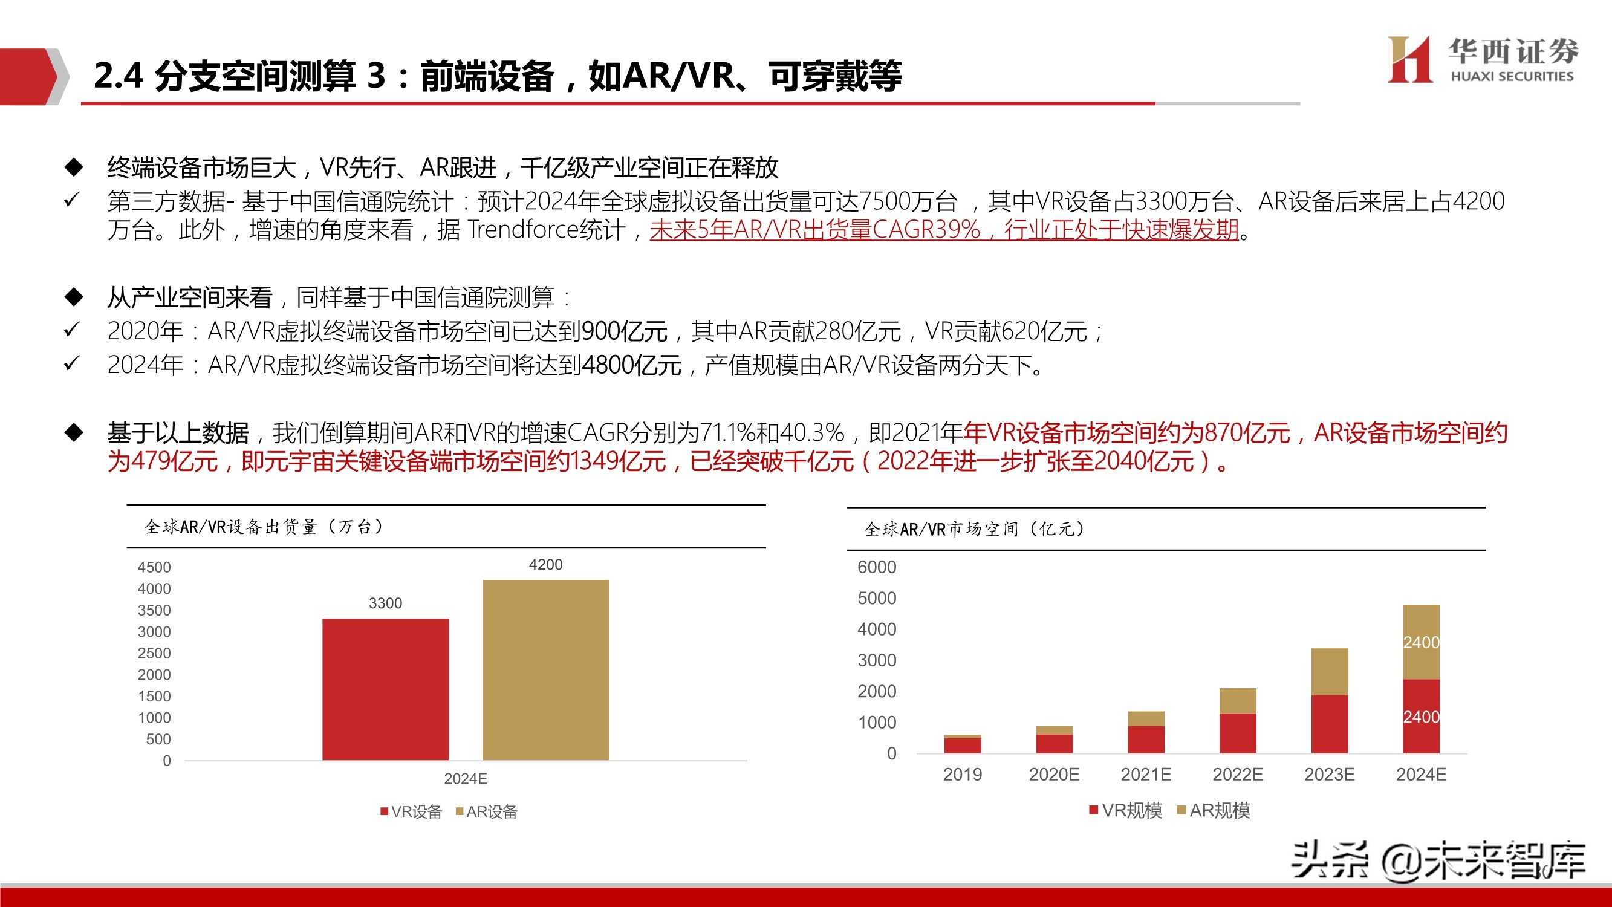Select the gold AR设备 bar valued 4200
tap(545, 670)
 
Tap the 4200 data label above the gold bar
tap(545, 565)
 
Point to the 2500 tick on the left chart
tap(154, 653)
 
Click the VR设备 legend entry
tap(411, 812)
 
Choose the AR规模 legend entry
tap(1214, 811)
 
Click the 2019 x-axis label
tap(963, 775)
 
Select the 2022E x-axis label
tap(1238, 775)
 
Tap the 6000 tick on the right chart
tap(877, 567)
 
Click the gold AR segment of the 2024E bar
tap(1421, 642)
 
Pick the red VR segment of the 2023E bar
tap(1329, 724)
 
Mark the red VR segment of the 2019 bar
tap(963, 745)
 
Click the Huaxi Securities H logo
tap(1409, 59)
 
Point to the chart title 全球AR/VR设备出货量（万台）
tap(264, 527)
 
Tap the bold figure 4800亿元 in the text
tap(631, 365)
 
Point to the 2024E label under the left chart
tap(466, 779)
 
